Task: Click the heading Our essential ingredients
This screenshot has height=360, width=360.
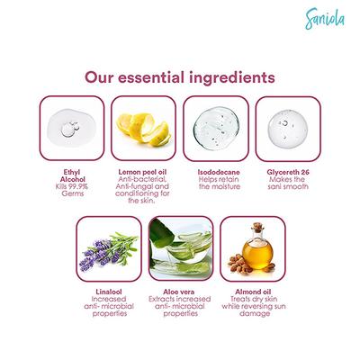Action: point(179,78)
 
